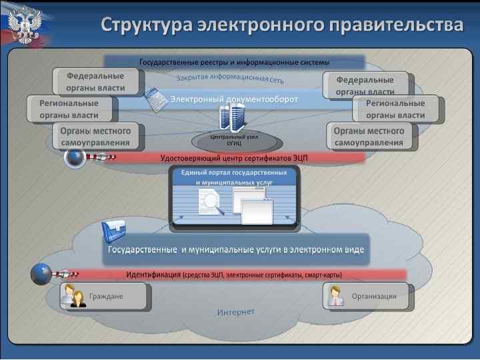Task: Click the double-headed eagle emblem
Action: pyautogui.click(x=25, y=25)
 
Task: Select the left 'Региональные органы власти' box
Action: pyautogui.click(x=70, y=109)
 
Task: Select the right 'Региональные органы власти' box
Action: pyautogui.click(x=397, y=109)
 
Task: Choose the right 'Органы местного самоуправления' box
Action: pyautogui.click(x=369, y=136)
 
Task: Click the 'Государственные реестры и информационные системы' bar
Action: pyautogui.click(x=234, y=63)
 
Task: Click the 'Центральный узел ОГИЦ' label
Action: pyautogui.click(x=234, y=140)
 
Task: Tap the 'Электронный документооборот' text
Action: pyautogui.click(x=234, y=99)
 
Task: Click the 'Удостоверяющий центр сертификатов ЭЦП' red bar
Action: pyautogui.click(x=234, y=158)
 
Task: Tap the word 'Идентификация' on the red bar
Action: pyautogui.click(x=154, y=275)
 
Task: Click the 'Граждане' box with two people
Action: pyautogui.click(x=103, y=296)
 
